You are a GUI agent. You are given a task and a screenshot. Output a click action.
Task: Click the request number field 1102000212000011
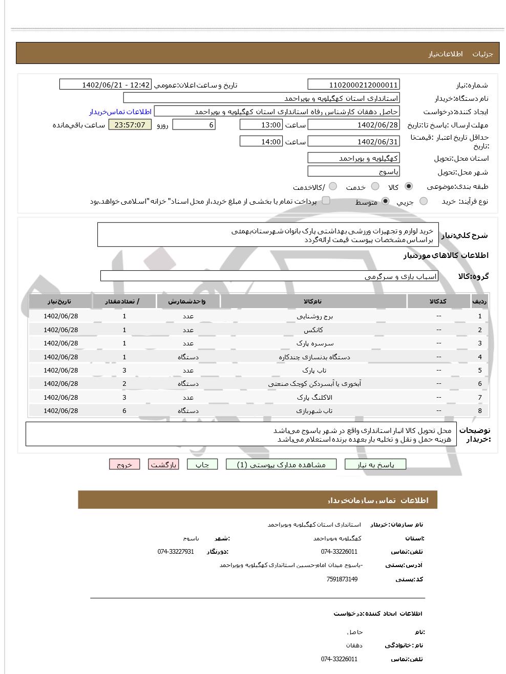[x=353, y=85]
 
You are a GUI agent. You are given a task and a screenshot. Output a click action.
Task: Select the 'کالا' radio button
[x=408, y=187]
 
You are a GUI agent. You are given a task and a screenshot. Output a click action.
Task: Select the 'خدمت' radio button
[x=375, y=187]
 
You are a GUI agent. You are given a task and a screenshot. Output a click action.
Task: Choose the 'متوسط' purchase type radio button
[x=385, y=202]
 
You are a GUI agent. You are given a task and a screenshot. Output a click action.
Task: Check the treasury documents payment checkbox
[x=326, y=201]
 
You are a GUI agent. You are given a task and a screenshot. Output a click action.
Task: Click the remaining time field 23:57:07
[x=130, y=125]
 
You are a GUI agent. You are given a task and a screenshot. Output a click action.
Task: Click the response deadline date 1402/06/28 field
[x=353, y=125]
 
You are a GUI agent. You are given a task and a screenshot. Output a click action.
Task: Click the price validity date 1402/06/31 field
[x=353, y=142]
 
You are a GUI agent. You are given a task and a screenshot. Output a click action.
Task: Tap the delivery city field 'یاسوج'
[x=353, y=171]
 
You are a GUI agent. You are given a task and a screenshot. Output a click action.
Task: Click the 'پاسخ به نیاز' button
[x=375, y=465]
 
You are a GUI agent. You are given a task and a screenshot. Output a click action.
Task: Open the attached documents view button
[x=282, y=465]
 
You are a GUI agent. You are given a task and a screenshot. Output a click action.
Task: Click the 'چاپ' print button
[x=202, y=465]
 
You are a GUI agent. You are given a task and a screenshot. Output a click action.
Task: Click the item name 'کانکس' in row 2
[x=314, y=330]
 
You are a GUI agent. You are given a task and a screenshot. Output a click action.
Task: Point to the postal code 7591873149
[x=342, y=579]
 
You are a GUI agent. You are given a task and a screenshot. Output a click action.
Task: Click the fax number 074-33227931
[x=175, y=552]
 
